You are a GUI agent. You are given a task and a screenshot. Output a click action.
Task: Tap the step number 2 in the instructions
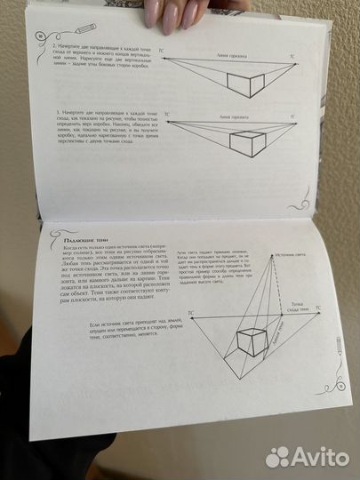(x=56, y=44)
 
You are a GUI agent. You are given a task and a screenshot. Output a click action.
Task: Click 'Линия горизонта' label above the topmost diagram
(x=233, y=54)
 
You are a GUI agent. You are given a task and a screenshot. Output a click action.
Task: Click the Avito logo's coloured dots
(x=278, y=455)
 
